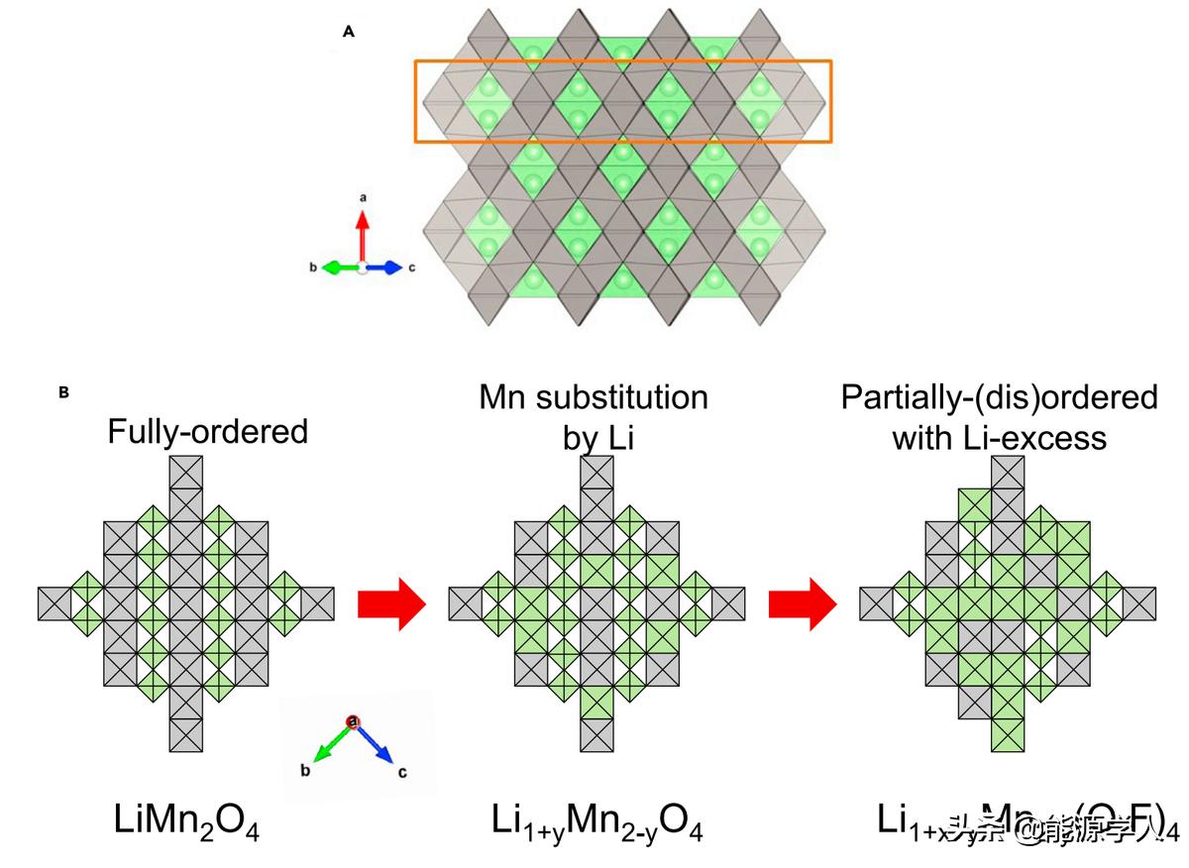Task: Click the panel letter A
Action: [x=349, y=32]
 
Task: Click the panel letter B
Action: [x=63, y=392]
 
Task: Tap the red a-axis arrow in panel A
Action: [x=363, y=236]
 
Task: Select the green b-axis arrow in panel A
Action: [x=339, y=268]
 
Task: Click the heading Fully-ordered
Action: [x=208, y=431]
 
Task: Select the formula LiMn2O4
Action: [x=185, y=821]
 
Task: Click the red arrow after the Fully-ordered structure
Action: [x=390, y=603]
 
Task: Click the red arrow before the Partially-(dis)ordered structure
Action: [x=803, y=603]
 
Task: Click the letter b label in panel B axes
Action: [x=306, y=768]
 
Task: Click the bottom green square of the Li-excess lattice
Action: [x=1009, y=734]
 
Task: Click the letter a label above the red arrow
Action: [x=363, y=198]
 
